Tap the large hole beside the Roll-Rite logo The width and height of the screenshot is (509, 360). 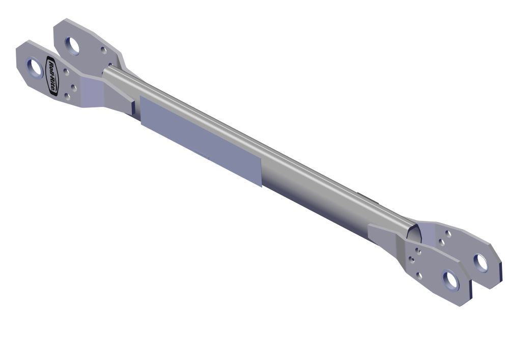click(35, 68)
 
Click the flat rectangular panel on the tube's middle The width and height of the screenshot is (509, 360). click(201, 141)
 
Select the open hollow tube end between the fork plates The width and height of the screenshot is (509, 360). click(414, 233)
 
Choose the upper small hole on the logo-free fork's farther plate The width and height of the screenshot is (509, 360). click(448, 234)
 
